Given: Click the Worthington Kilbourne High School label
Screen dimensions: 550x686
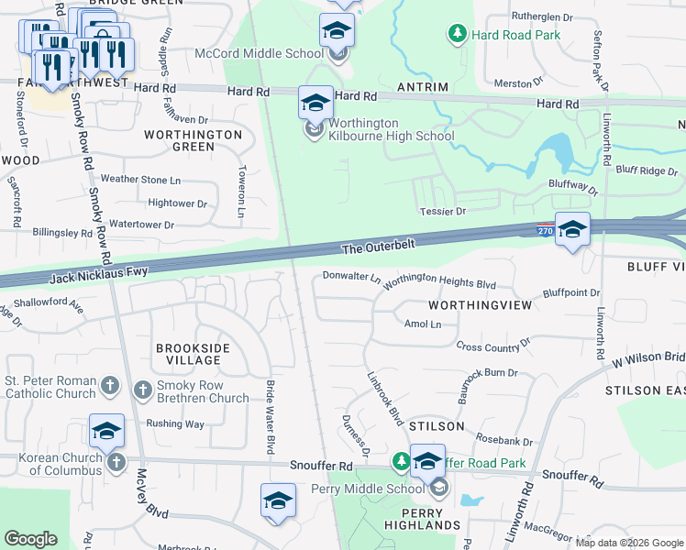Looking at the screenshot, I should click(378, 129).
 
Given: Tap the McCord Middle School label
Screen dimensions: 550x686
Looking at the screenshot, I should click(260, 53).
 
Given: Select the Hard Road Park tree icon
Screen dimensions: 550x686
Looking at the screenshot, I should click(457, 35).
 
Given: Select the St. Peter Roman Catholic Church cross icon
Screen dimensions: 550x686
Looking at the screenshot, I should click(109, 387).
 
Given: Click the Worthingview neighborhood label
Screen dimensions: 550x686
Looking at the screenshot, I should click(480, 304).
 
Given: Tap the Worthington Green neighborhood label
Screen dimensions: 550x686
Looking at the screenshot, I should click(193, 140).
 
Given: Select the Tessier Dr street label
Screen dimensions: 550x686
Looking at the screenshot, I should click(443, 211).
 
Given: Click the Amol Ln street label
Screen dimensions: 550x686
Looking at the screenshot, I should click(423, 324).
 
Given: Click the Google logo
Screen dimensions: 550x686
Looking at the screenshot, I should click(30, 538).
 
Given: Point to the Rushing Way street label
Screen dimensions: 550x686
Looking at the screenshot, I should click(174, 423).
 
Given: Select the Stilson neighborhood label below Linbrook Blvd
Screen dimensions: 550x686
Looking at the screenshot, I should click(437, 426).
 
